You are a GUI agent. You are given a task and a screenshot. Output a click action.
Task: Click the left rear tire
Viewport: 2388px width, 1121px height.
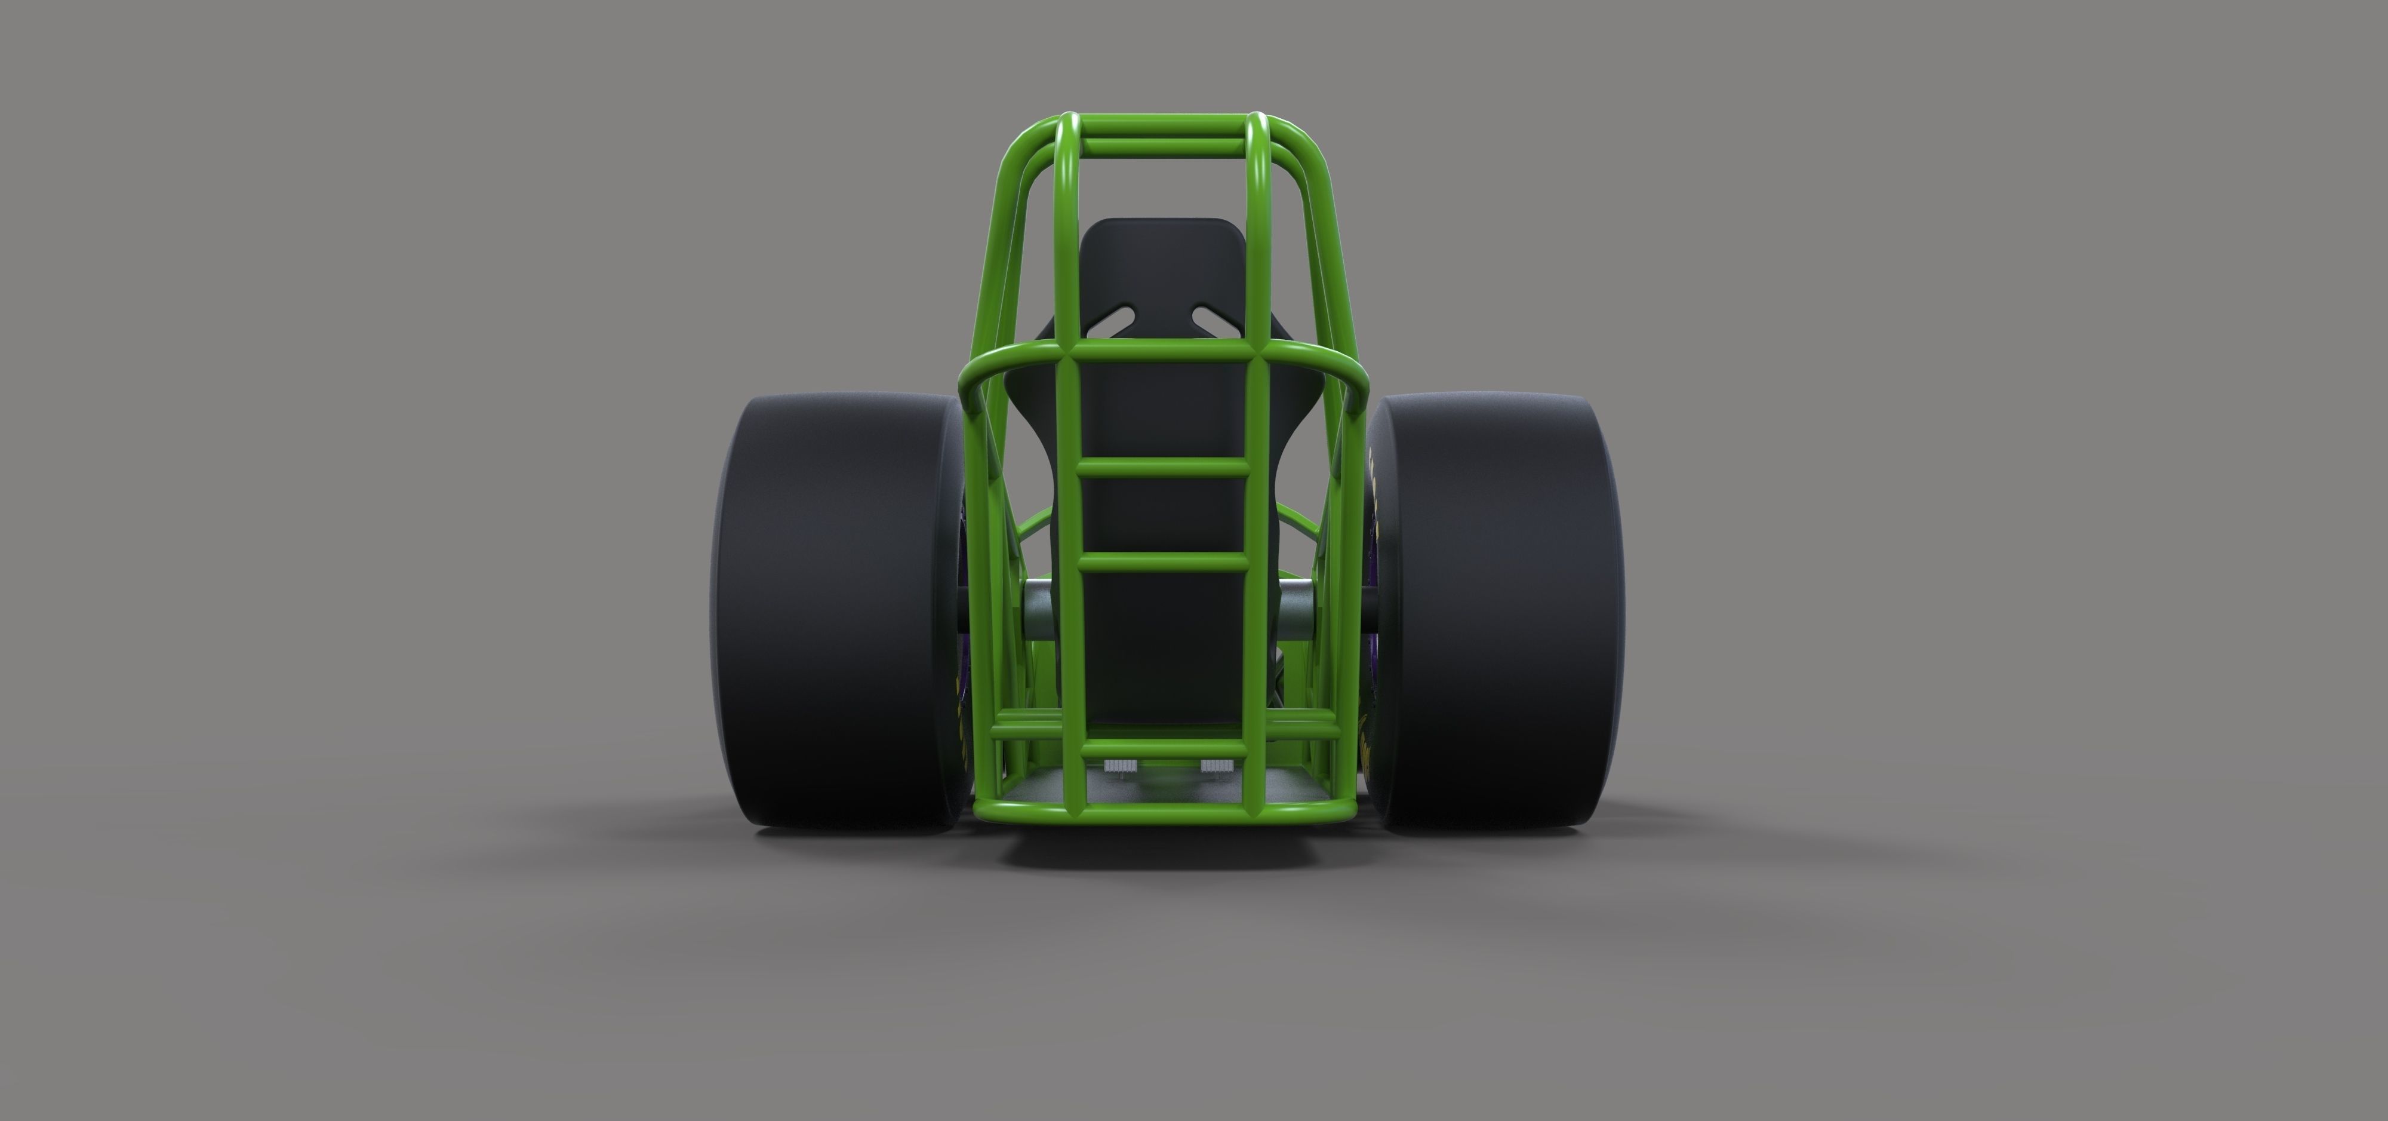click(835, 612)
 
